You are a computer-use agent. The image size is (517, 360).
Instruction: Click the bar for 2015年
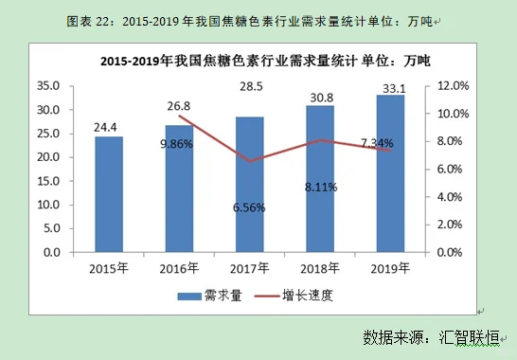[x=109, y=194]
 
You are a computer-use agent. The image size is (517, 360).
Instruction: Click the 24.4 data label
[x=109, y=123]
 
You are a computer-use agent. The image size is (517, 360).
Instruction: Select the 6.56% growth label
[x=249, y=207]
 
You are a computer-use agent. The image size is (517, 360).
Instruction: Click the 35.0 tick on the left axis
[x=46, y=85]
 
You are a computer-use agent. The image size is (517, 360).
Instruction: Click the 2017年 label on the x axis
[x=250, y=268]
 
